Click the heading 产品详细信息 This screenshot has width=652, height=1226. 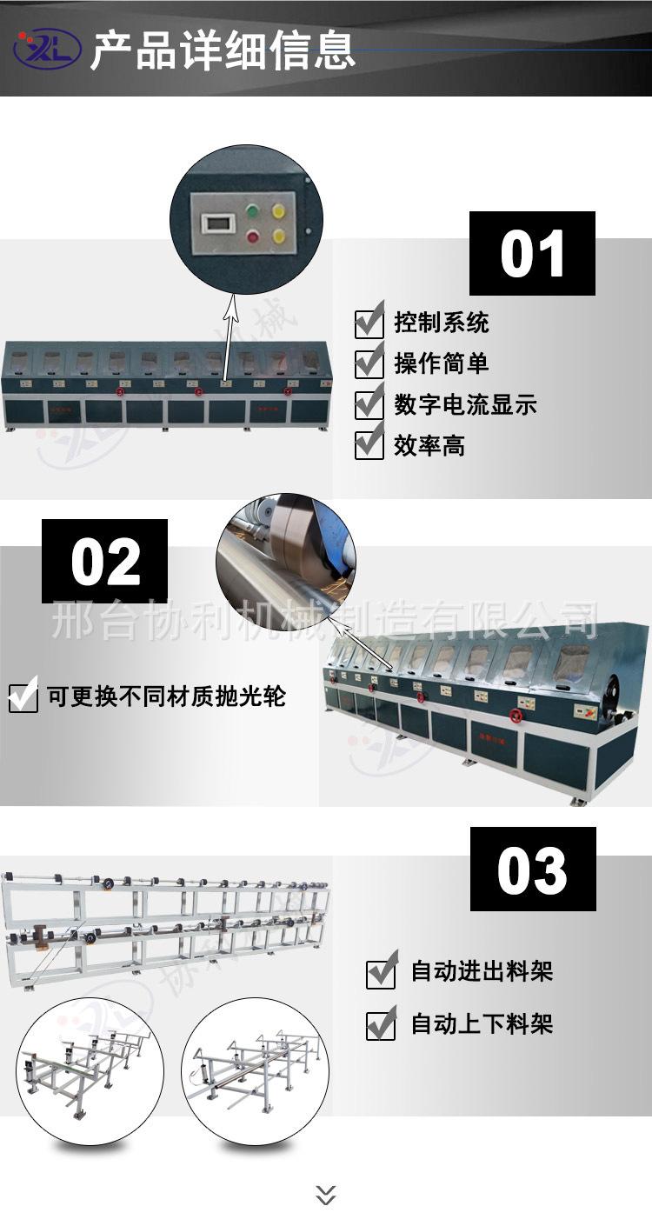pyautogui.click(x=223, y=49)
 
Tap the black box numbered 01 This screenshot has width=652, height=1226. pyautogui.click(x=532, y=254)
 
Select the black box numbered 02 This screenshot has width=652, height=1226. pyautogui.click(x=104, y=562)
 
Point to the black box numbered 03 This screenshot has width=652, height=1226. pyautogui.click(x=533, y=869)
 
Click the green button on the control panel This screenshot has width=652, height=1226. pyautogui.click(x=253, y=210)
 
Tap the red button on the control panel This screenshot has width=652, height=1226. pyautogui.click(x=253, y=236)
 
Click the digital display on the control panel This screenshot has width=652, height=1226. pyautogui.click(x=215, y=223)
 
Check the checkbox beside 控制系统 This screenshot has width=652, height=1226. pyautogui.click(x=369, y=322)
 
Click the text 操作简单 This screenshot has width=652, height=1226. pyautogui.click(x=441, y=363)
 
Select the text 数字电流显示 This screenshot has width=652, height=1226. pyautogui.click(x=465, y=404)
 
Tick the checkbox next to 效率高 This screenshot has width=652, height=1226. pyautogui.click(x=369, y=444)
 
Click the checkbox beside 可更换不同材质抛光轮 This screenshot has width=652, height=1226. pyautogui.click(x=23, y=696)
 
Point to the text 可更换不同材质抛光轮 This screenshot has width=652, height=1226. pyautogui.click(x=166, y=696)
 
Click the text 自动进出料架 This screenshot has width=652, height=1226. pyautogui.click(x=482, y=971)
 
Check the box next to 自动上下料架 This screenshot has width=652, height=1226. pyautogui.click(x=381, y=1024)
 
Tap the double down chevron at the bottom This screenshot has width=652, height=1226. pyautogui.click(x=326, y=1195)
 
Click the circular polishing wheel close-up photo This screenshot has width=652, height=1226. pyautogui.click(x=285, y=561)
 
